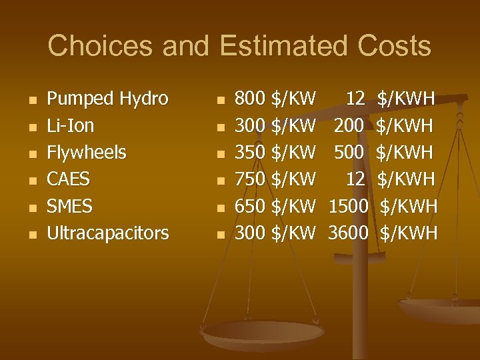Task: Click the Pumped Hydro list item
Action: (107, 99)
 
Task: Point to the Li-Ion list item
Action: (70, 126)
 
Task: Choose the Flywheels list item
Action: (86, 153)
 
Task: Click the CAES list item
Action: (68, 179)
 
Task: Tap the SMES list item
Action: (69, 206)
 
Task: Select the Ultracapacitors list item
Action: (107, 233)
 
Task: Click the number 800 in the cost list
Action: (250, 99)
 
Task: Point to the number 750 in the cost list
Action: (250, 179)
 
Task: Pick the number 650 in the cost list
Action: (250, 206)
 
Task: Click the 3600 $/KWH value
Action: (383, 233)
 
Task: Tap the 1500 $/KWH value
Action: (383, 206)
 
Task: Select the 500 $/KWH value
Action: (384, 153)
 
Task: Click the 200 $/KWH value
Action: (384, 126)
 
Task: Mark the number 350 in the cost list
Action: (250, 153)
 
